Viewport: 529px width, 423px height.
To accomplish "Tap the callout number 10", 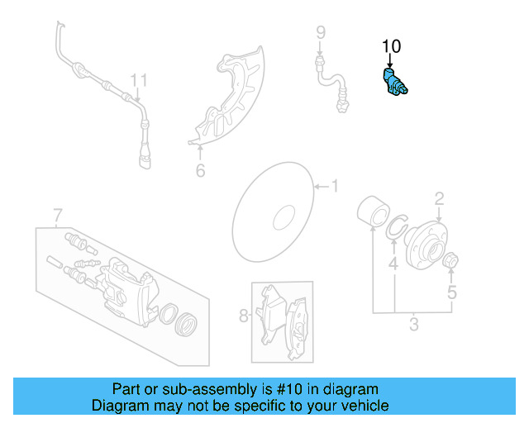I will click(390, 46).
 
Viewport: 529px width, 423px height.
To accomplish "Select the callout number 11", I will click(138, 80).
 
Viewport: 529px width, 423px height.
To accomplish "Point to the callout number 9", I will click(320, 32).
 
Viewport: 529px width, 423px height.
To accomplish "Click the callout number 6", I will click(200, 171).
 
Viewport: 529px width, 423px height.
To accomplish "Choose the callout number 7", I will click(57, 216).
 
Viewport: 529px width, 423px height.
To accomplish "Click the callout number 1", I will click(335, 187).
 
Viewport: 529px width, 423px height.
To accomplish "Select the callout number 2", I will click(440, 197).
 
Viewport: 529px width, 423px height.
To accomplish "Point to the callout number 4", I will click(393, 265).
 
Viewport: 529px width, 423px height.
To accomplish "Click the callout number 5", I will click(451, 292).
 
